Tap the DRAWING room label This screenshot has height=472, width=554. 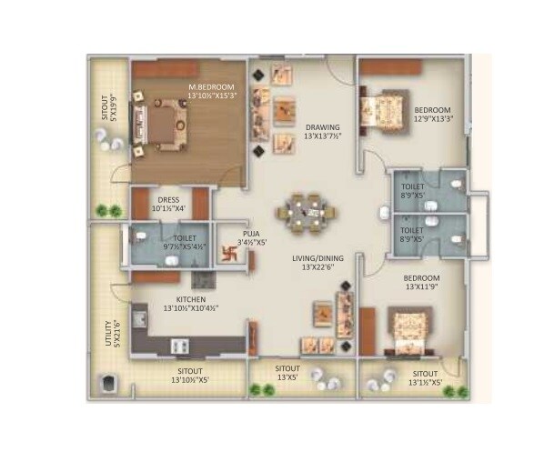(x=323, y=127)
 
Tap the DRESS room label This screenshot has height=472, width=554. (x=169, y=199)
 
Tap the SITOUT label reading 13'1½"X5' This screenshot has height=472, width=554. (x=427, y=377)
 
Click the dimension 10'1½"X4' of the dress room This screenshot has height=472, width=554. (x=169, y=208)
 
